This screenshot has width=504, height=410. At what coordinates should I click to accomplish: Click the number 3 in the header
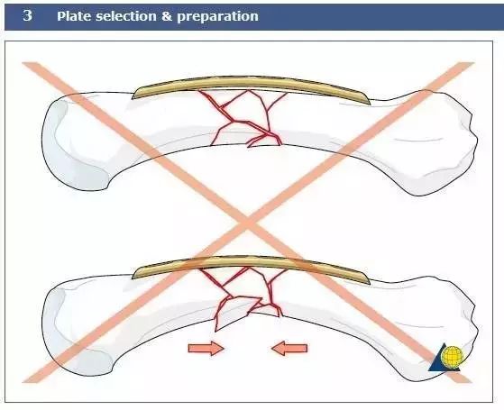point(27,15)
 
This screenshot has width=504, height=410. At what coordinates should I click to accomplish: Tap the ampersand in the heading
point(167,16)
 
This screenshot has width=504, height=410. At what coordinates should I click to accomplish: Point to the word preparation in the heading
point(217,17)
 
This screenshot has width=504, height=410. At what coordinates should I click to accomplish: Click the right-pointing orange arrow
point(206,349)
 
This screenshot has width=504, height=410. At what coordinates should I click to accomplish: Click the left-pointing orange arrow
point(289,349)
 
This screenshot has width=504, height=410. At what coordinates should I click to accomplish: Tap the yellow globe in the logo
point(453,355)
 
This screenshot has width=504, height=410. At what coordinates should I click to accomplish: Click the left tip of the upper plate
point(133,97)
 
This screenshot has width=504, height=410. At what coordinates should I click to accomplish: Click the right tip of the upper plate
point(370,104)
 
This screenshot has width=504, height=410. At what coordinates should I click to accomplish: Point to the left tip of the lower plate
point(133,278)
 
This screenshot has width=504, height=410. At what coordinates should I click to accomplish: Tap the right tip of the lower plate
point(370,284)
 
